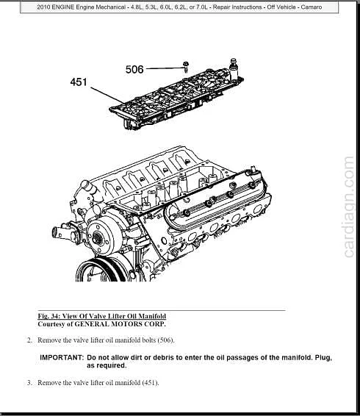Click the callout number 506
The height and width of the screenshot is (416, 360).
click(x=134, y=70)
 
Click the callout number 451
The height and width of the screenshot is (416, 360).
click(x=79, y=82)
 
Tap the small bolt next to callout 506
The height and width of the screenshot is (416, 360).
click(x=186, y=67)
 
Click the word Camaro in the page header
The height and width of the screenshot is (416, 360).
click(x=312, y=7)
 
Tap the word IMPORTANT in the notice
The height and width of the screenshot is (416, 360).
click(x=62, y=357)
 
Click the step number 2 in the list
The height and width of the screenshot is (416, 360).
click(x=29, y=340)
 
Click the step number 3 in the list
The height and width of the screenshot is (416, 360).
click(x=29, y=383)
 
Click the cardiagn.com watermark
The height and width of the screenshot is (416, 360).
click(x=350, y=207)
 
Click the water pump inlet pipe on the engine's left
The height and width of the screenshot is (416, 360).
click(x=60, y=232)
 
